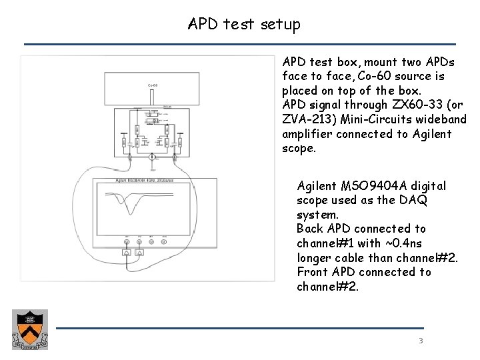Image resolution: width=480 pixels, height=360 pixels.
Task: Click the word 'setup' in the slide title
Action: (x=279, y=25)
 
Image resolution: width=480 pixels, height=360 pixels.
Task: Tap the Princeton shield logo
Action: (x=27, y=330)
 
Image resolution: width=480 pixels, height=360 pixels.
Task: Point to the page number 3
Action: (x=421, y=341)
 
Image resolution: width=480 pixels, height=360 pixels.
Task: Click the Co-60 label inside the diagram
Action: (x=152, y=85)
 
